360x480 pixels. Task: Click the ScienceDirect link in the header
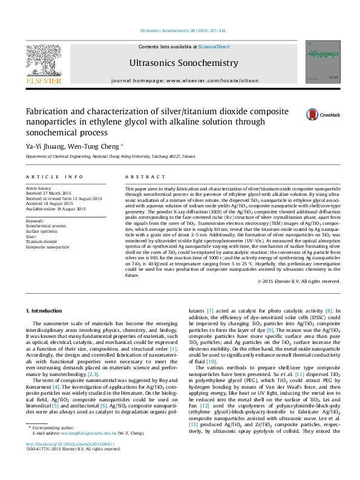(214, 47)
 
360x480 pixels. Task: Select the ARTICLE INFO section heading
(54, 177)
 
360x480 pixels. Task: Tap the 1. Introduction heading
(46, 311)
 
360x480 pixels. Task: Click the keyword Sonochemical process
(46, 225)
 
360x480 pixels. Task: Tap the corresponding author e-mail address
(83, 450)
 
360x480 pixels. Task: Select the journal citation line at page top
(180, 30)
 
